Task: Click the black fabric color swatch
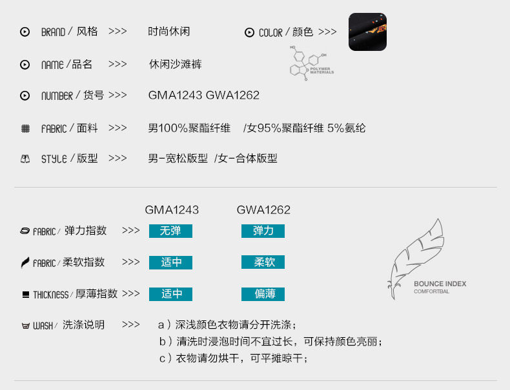(367, 32)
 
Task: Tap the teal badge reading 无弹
(170, 231)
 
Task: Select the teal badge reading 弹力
(263, 231)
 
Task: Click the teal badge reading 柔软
(263, 262)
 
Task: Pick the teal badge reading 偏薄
(263, 294)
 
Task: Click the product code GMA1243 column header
(172, 210)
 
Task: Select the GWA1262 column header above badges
(263, 210)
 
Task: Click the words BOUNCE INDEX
(440, 284)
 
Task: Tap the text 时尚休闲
(169, 32)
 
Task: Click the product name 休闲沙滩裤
(176, 64)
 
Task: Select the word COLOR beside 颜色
(270, 33)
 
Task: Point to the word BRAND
(53, 32)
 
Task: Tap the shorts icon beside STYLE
(25, 159)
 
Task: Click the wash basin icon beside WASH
(25, 326)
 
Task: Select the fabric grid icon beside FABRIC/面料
(25, 129)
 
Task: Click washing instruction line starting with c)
(234, 358)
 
